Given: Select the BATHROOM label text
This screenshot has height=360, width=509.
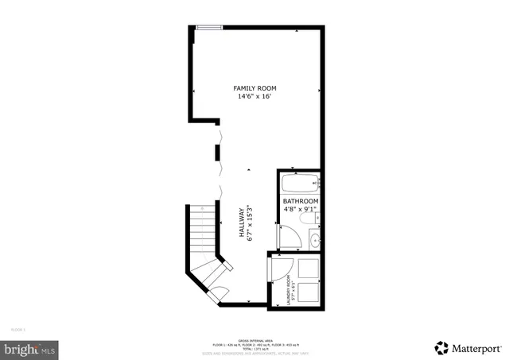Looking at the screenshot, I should tap(301, 202).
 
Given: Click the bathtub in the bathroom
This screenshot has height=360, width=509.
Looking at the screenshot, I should tap(301, 184).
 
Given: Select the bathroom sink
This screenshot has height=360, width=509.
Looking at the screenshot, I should tap(314, 238).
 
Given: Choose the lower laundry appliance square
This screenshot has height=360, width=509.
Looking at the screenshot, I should tap(308, 292).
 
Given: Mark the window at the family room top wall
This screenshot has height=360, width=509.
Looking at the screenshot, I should tap(209, 29).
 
